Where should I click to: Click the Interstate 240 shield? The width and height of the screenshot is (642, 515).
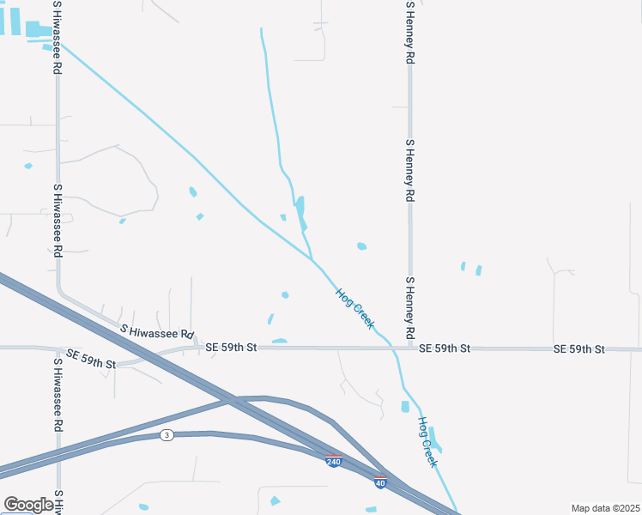point(334,462)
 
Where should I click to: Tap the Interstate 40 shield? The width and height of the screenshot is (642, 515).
point(380,482)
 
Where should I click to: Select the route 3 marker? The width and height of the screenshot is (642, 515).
point(167,436)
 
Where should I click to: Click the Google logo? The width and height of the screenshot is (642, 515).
point(28,505)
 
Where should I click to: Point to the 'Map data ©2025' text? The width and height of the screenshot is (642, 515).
point(605,508)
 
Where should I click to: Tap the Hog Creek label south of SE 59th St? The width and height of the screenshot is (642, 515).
point(428,442)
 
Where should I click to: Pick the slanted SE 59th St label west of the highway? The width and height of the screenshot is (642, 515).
point(91,359)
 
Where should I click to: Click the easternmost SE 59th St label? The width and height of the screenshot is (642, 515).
point(579,348)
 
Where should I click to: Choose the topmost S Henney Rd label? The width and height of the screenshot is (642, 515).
point(410,33)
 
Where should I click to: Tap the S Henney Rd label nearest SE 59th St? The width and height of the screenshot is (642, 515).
point(410,307)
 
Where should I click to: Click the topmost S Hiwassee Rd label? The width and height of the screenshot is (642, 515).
point(57,36)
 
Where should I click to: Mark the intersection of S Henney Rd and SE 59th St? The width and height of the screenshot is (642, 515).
point(411,348)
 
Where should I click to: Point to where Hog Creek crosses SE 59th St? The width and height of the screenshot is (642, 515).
point(392,348)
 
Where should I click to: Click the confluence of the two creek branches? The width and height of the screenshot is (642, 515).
point(312,258)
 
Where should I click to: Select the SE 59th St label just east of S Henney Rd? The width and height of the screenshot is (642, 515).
point(445,348)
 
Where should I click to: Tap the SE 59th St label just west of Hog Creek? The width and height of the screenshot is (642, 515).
point(231,348)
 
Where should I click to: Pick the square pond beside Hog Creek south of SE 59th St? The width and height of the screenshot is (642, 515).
point(405,406)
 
